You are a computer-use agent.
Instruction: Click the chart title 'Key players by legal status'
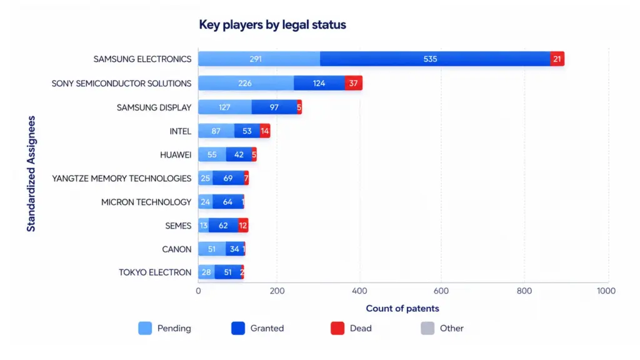(x=272, y=25)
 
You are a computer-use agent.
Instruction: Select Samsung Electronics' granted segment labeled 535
(x=435, y=59)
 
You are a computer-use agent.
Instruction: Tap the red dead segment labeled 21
(x=557, y=59)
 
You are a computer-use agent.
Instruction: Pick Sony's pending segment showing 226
(x=246, y=83)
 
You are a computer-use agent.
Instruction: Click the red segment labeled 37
(x=354, y=83)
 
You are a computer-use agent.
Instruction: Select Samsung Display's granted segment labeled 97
(x=274, y=107)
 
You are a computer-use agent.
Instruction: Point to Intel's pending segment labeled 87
(x=216, y=131)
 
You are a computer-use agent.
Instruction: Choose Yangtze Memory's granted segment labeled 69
(x=228, y=178)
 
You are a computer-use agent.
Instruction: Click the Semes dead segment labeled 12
(x=243, y=225)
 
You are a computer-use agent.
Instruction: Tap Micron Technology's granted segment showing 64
(x=227, y=202)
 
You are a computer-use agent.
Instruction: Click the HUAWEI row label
(x=176, y=155)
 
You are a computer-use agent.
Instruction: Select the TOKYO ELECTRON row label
(x=155, y=272)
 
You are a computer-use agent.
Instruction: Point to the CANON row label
(x=177, y=249)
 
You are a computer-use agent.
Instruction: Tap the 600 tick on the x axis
(x=441, y=291)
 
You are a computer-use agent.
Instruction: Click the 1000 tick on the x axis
(x=606, y=291)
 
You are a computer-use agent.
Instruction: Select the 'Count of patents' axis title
(x=402, y=309)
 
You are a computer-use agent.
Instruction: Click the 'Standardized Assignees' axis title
(x=31, y=174)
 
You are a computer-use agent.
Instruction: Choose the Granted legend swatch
(x=238, y=328)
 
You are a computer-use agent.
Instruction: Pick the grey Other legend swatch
(x=427, y=328)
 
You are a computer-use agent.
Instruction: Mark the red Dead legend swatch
(x=337, y=328)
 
